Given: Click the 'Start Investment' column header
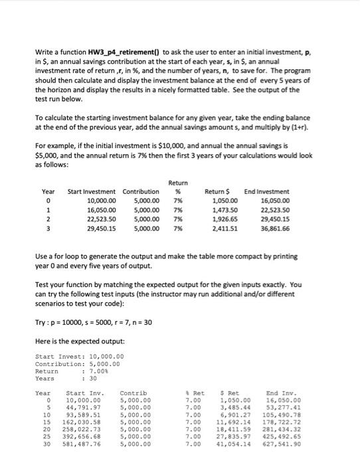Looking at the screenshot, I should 92,192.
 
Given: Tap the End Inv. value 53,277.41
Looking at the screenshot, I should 284,407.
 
